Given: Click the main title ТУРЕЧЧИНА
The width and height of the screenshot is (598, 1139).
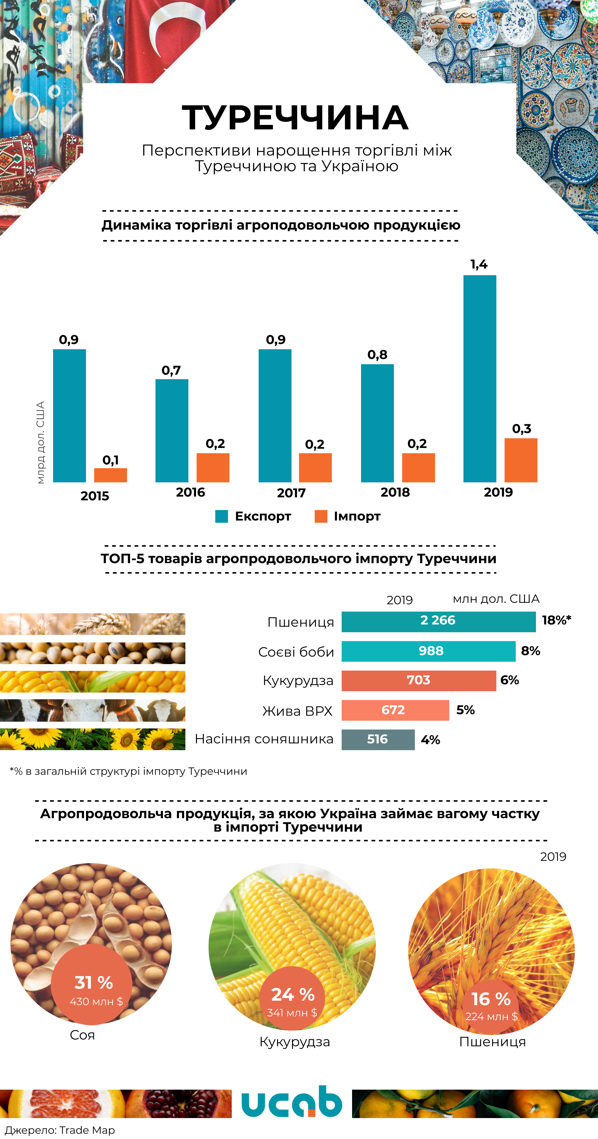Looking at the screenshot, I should [x=295, y=118].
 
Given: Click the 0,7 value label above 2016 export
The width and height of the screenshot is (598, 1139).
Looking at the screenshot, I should [x=171, y=370].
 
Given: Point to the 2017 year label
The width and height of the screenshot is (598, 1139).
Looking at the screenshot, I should [x=291, y=493].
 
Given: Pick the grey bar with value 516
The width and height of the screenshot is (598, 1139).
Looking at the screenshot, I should [x=378, y=739].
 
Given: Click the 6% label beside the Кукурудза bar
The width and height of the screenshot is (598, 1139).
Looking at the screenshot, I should [x=510, y=680].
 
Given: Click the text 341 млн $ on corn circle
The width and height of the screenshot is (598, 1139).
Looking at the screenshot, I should [x=292, y=1013].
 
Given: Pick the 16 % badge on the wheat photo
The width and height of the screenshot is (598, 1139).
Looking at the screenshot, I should [x=491, y=999].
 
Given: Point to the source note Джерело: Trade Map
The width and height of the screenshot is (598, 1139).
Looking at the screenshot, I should [x=60, y=1130].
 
